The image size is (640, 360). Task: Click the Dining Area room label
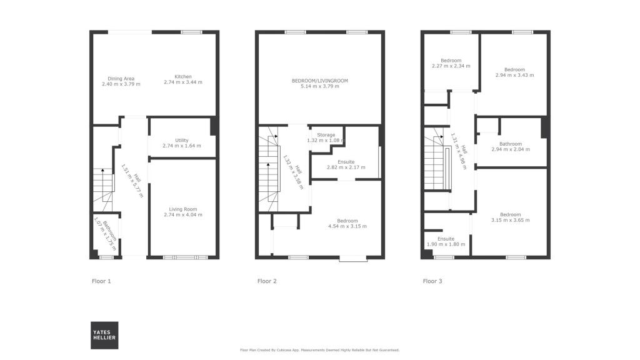click(121, 78)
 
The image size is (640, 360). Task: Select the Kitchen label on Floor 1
click(182, 76)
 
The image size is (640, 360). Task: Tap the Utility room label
click(182, 140)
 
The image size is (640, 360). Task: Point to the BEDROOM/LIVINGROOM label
click(319, 81)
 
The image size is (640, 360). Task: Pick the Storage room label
click(326, 135)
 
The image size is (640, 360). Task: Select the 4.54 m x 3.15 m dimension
click(347, 226)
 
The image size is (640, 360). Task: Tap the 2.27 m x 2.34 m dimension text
click(451, 66)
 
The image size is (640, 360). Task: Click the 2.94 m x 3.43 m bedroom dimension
click(514, 75)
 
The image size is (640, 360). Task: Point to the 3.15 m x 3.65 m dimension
click(510, 220)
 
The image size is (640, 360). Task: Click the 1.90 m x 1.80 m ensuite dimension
click(446, 244)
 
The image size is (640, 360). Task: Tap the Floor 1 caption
click(101, 281)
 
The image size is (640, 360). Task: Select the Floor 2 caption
click(267, 281)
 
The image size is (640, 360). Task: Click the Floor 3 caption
click(432, 281)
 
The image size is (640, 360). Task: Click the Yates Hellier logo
click(104, 335)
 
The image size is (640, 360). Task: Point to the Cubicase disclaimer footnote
click(319, 350)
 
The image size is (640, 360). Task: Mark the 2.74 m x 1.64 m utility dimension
click(182, 146)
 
